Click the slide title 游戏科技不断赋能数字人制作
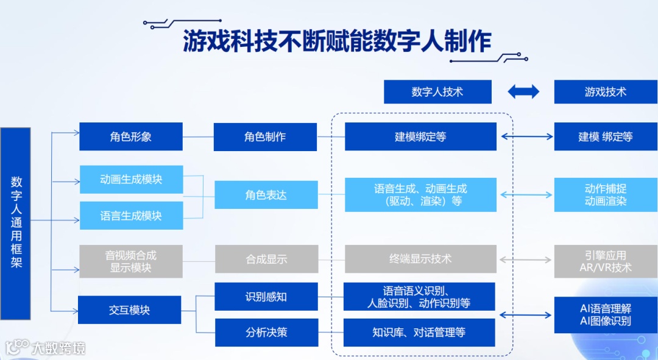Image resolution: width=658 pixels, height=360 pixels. coord(337,42)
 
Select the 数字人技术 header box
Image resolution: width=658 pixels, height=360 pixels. coord(437,92)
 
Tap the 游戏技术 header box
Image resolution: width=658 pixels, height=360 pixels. coord(606,92)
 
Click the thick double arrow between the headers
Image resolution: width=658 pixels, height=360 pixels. coord(523,92)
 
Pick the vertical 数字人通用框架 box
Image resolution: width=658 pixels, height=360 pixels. coord(16,223)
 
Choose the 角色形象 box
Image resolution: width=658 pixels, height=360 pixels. coord(131,136)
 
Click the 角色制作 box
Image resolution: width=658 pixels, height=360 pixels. coord(265,136)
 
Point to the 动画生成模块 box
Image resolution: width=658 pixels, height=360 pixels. coord(131,180)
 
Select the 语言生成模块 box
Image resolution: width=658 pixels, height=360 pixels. coord(131,216)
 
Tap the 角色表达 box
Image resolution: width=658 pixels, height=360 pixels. coord(266,195)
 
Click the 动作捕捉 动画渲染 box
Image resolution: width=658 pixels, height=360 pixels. coord(606,195)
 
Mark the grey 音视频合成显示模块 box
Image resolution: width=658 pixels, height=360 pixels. coord(131,261)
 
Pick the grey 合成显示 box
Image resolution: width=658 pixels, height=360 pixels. coord(266,259)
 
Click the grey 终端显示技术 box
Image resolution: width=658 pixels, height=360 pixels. coord(420,259)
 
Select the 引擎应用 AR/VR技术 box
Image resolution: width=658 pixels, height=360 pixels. coord(606,261)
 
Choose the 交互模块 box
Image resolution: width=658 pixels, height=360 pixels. coord(129,309)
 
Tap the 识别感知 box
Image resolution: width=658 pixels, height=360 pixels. coord(266,297)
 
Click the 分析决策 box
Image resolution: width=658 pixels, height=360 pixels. coord(266,332)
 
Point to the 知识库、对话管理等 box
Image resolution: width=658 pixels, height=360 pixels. coord(419,332)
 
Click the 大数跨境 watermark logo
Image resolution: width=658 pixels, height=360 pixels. coord(46,347)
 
